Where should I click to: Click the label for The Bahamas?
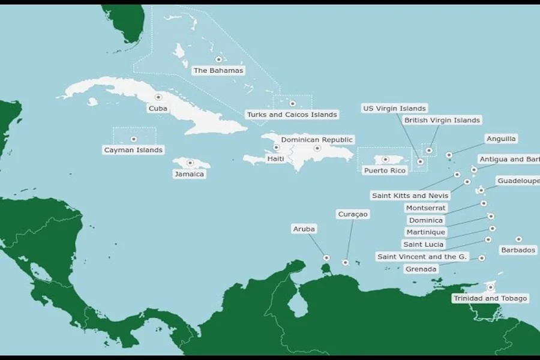[x=218, y=71]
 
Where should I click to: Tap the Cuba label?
[x=158, y=109]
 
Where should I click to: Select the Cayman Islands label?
[x=133, y=150]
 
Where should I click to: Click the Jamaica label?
[x=189, y=174]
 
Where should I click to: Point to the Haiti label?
[x=275, y=159]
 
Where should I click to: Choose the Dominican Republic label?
[x=317, y=140]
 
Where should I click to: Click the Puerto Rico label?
[x=385, y=170]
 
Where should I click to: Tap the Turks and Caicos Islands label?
[x=292, y=115]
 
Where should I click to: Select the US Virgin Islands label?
[x=395, y=109]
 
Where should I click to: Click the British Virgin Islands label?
[x=442, y=121]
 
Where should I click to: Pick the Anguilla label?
[x=501, y=139]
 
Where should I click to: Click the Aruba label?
[x=304, y=229]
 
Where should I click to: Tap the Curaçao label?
[x=353, y=214]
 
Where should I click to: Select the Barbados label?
[x=518, y=250]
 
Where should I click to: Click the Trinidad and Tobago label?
[x=490, y=298]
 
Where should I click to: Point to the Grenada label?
[x=421, y=269]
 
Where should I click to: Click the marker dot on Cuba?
[x=158, y=97]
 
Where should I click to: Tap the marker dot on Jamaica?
[x=190, y=162]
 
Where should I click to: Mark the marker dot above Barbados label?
[x=518, y=239]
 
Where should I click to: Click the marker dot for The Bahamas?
[x=218, y=59]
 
